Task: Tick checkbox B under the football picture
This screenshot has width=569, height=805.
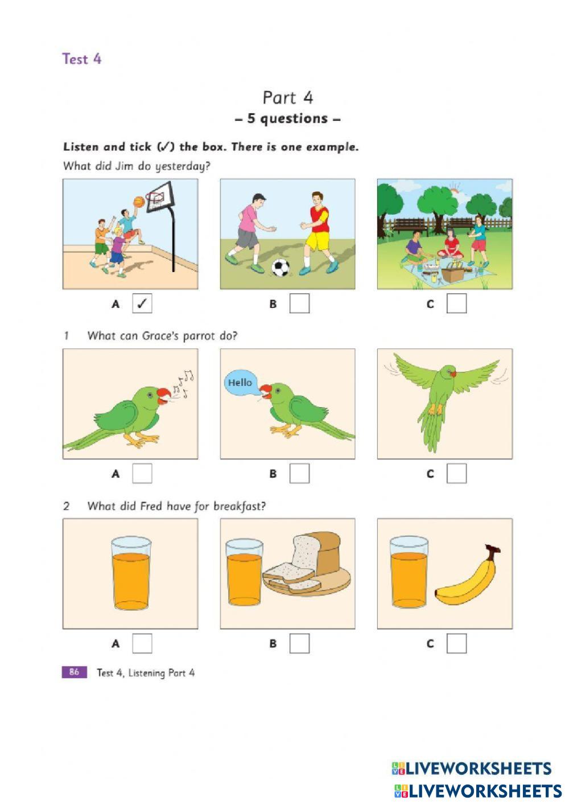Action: [x=299, y=303]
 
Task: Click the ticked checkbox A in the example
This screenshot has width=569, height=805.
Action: [x=142, y=303]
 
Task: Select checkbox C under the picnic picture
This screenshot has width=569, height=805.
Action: [x=456, y=303]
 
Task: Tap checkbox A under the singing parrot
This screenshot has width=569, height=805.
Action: [x=142, y=473]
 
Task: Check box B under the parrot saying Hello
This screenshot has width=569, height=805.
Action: [x=299, y=473]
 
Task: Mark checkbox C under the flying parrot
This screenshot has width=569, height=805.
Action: [x=456, y=473]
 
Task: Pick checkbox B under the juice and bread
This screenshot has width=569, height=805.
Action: [x=299, y=643]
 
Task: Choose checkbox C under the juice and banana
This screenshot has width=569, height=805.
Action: [x=456, y=643]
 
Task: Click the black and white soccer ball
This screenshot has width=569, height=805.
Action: [x=281, y=268]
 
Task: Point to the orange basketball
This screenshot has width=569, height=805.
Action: [x=139, y=202]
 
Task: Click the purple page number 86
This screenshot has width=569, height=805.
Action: [x=75, y=672]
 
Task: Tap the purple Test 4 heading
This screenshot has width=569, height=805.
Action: [x=82, y=59]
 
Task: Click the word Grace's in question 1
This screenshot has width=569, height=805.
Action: [x=160, y=336]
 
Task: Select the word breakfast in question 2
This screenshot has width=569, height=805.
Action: [x=240, y=506]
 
